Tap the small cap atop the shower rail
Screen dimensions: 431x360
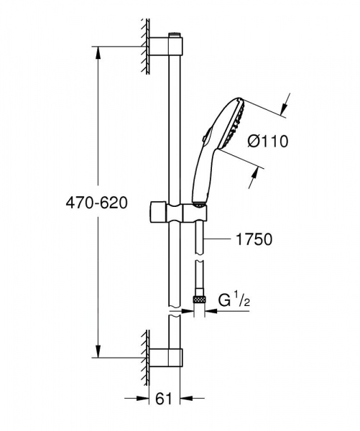[x=175, y=34]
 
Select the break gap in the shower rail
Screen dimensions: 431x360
[x=175, y=314]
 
